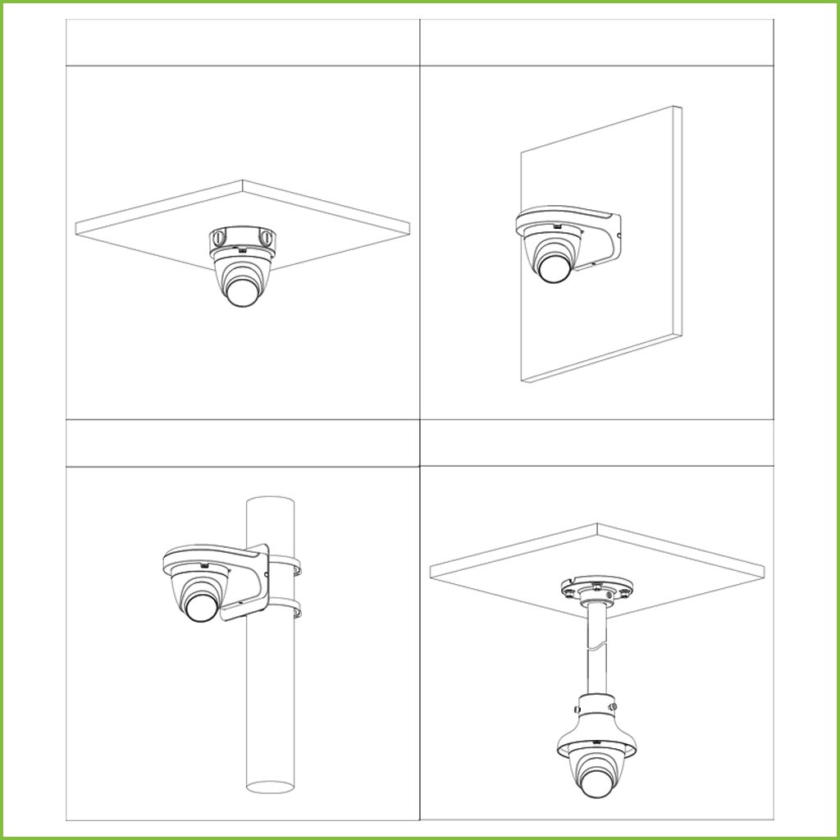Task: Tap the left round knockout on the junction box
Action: [x=217, y=238]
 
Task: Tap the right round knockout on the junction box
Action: [x=267, y=238]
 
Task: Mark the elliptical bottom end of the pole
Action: [x=271, y=787]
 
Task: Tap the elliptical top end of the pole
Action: [x=271, y=502]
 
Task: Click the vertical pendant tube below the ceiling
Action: [x=596, y=648]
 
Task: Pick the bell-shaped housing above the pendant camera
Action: [x=596, y=722]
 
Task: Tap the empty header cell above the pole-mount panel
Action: [x=242, y=444]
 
